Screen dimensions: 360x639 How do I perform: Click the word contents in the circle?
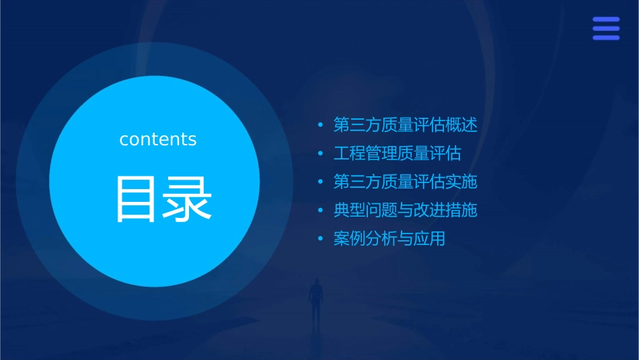[158, 139]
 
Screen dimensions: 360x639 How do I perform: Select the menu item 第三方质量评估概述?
[405, 125]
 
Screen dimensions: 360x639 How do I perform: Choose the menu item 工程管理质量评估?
[397, 153]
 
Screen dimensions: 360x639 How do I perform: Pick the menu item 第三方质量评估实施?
[405, 182]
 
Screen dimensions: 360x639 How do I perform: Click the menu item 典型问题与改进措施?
[405, 210]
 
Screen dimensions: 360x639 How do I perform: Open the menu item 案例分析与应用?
[389, 238]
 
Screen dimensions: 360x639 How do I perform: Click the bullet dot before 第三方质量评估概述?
[321, 125]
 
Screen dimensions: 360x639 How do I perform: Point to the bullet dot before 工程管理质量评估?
[321, 153]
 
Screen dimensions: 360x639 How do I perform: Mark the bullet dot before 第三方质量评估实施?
[321, 182]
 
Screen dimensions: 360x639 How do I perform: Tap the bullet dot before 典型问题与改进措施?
[321, 210]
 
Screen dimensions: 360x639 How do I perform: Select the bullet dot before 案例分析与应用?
[321, 238]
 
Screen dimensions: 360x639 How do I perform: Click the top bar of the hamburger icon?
[606, 20]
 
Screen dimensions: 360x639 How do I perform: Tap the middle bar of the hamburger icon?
[606, 28]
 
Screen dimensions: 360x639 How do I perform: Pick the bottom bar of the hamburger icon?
[606, 38]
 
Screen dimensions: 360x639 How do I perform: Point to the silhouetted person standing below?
[315, 299]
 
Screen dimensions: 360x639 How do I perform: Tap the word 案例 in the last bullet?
[348, 238]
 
